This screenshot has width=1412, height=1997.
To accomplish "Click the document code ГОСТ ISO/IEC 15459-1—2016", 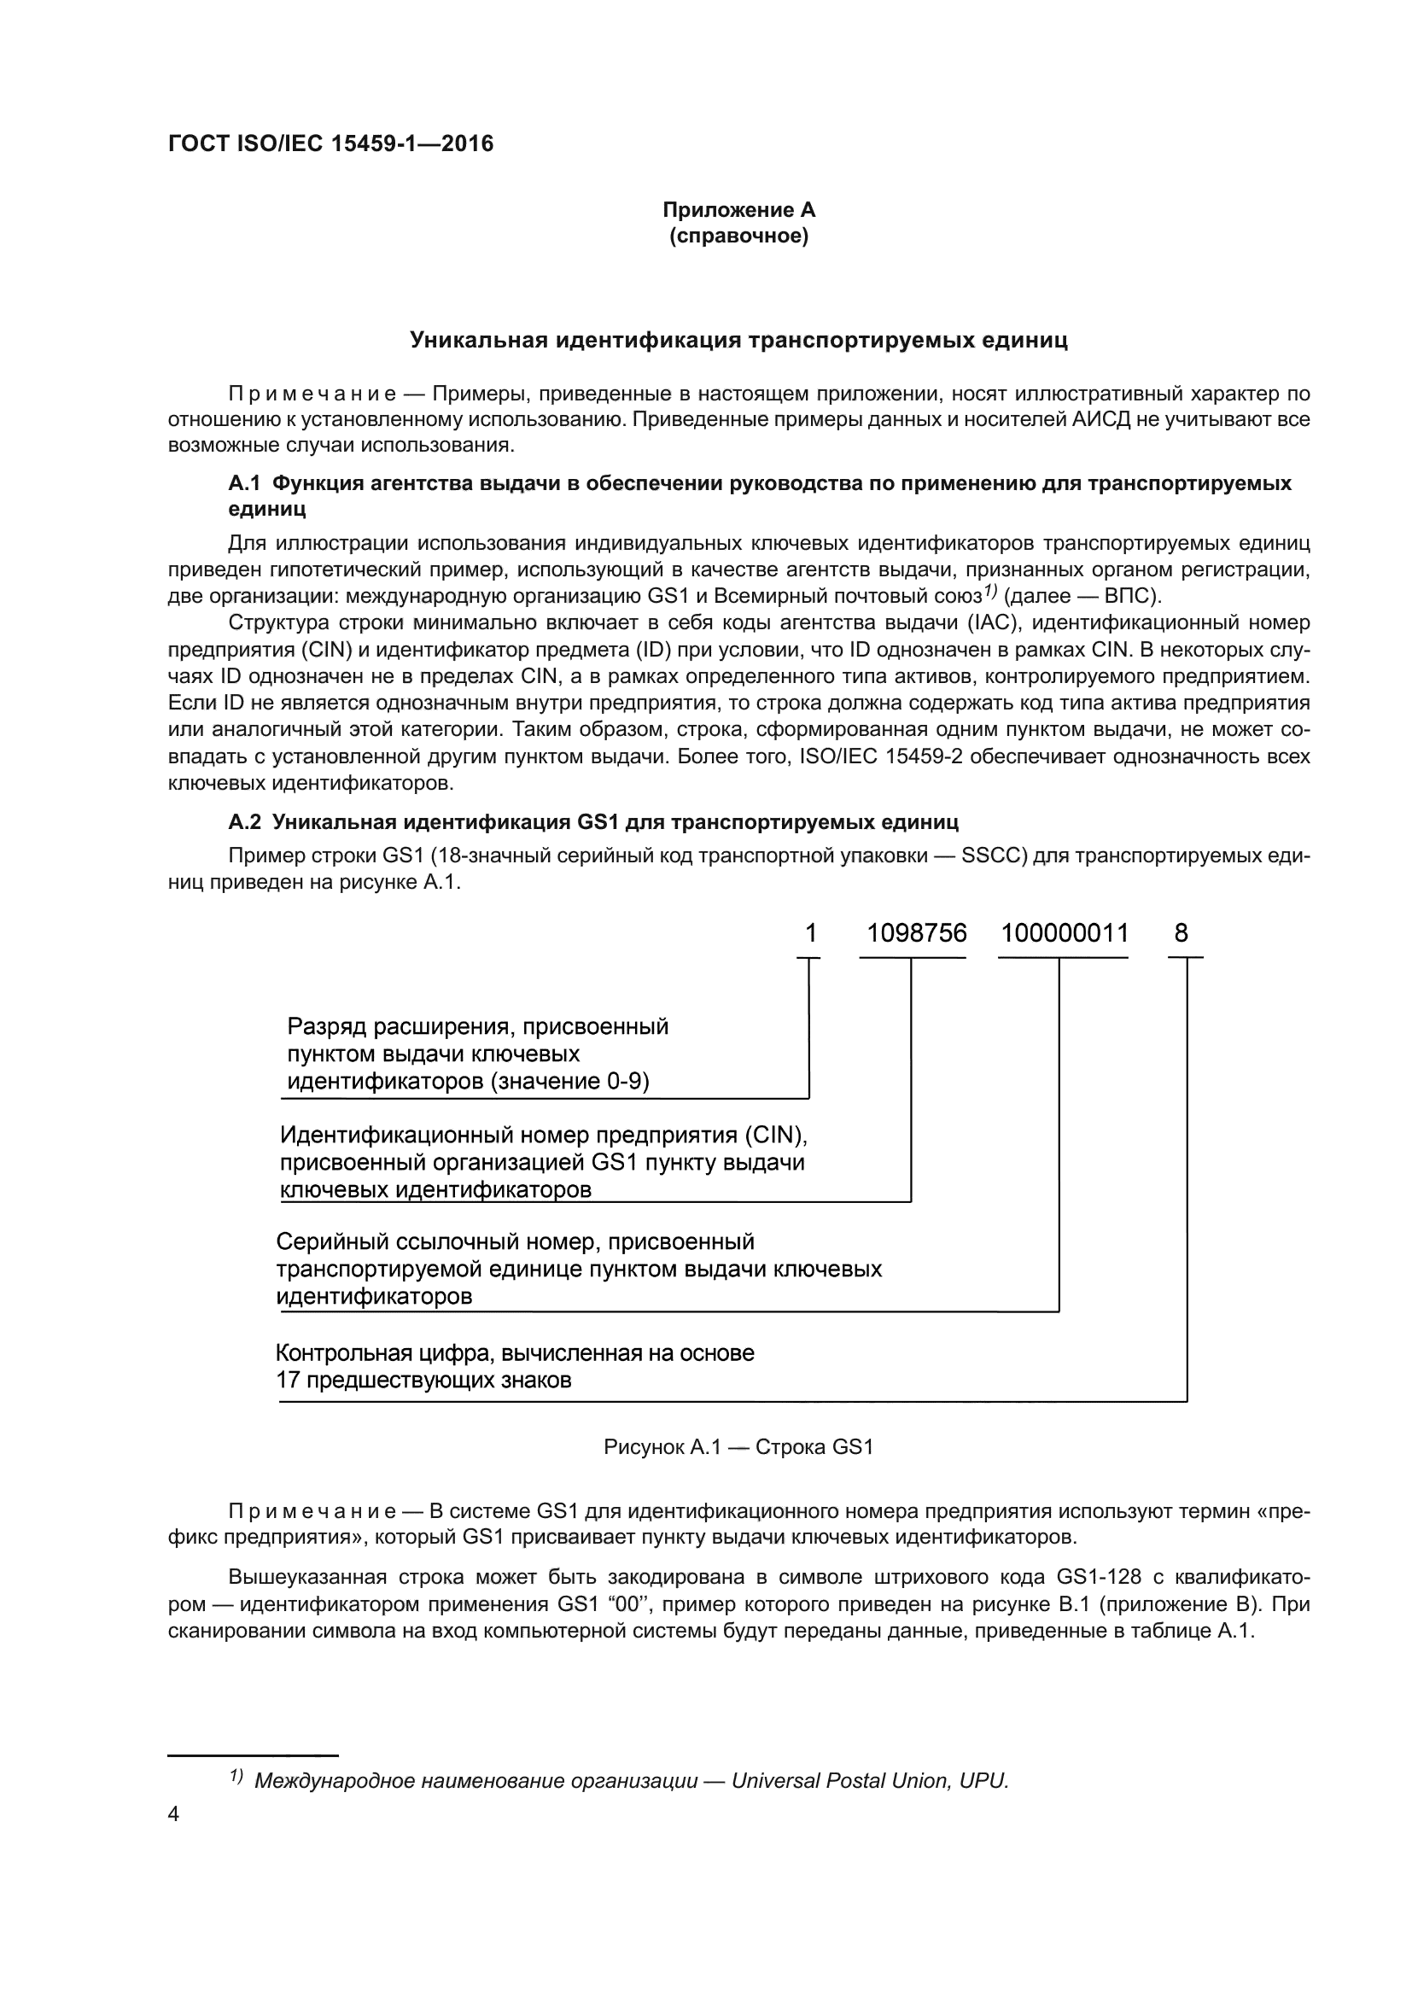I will click(330, 143).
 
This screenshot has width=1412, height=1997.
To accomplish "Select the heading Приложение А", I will click(738, 210).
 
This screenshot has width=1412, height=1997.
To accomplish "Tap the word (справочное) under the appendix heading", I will click(738, 236).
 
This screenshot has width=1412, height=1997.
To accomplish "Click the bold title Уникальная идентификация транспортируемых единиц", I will click(738, 340).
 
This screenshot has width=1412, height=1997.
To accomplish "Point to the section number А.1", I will click(244, 483).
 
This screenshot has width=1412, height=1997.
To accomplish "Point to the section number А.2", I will click(244, 822).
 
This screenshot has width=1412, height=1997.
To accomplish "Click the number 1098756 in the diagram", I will click(916, 934).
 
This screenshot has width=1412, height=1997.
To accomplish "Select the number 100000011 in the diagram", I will click(1065, 934).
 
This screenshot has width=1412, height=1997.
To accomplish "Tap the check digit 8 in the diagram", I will click(1181, 934).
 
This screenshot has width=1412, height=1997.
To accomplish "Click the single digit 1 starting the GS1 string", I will click(810, 934).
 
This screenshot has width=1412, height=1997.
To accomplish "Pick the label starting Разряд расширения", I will click(477, 1054).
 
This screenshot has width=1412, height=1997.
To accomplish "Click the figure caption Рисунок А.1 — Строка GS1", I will click(738, 1447).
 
